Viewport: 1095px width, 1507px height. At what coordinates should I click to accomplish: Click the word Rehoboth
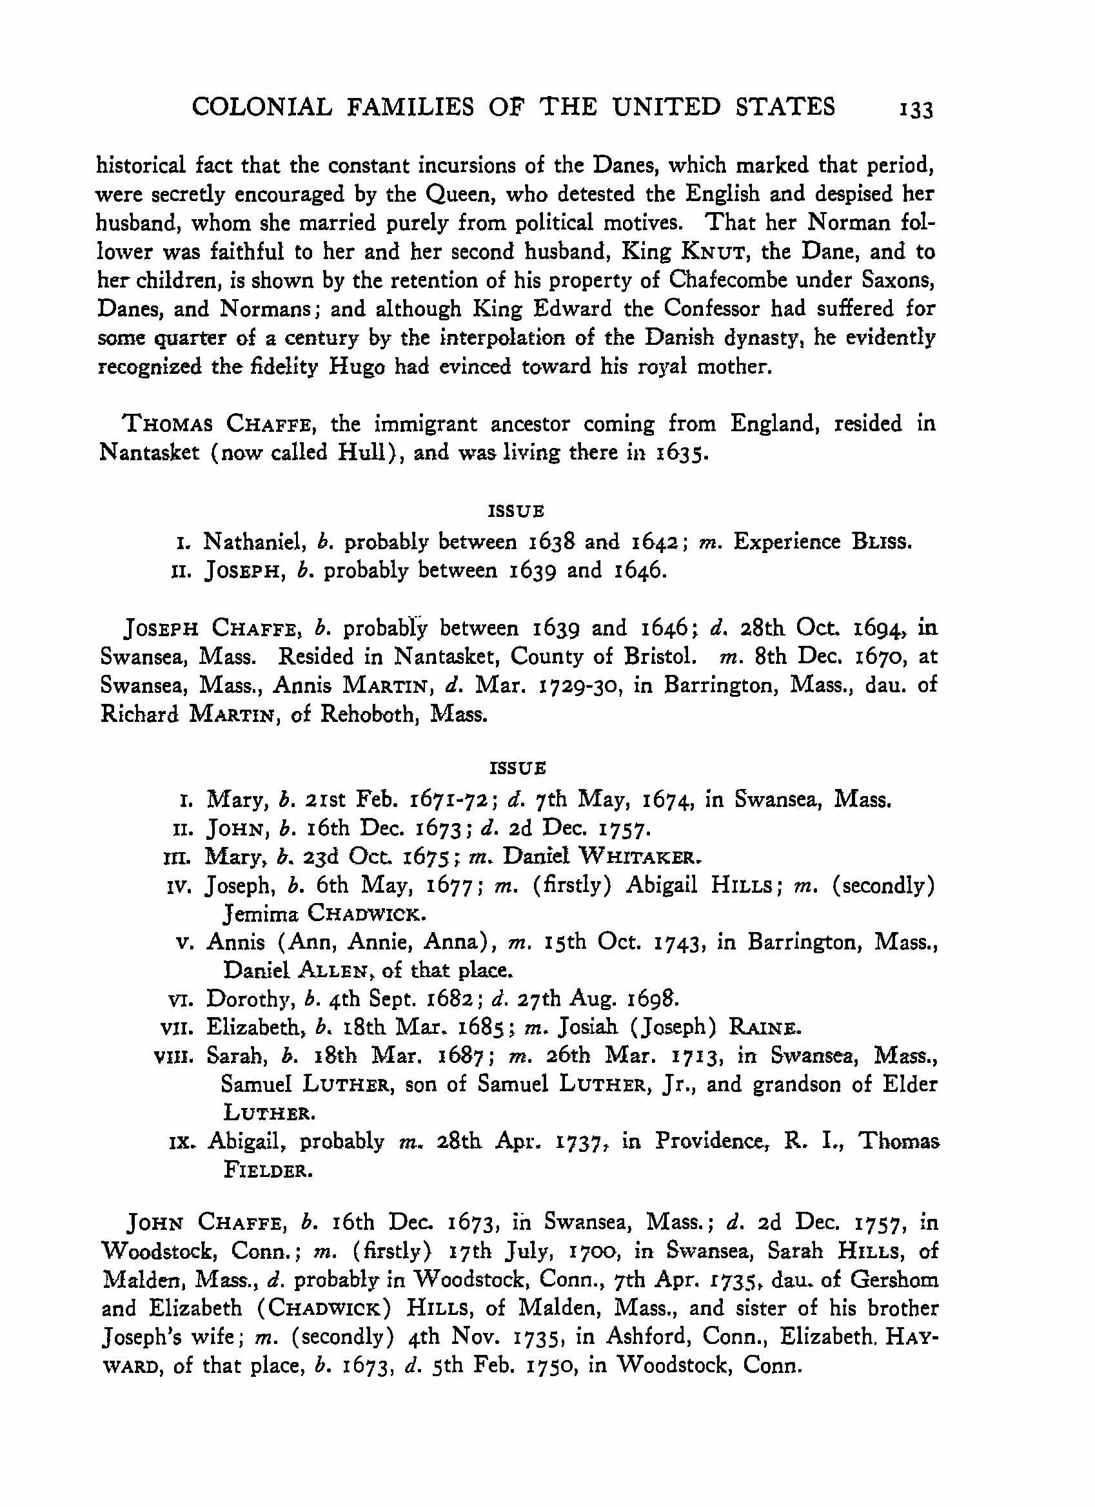[370, 714]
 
